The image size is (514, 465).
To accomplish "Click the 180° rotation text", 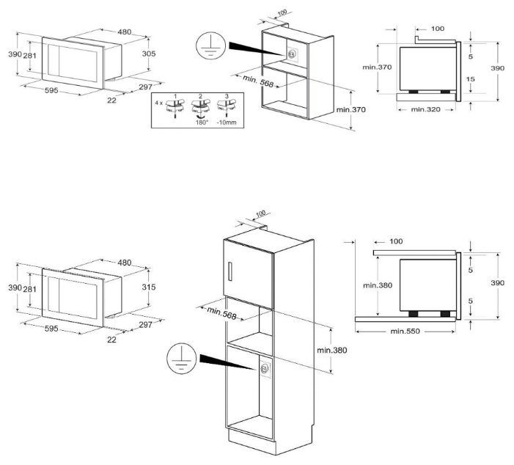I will coord(202,123).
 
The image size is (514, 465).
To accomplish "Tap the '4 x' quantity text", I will coord(158,103).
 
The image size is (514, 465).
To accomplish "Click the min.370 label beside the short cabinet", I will coord(350,109).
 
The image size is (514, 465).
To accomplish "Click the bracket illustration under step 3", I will coord(230,109).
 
